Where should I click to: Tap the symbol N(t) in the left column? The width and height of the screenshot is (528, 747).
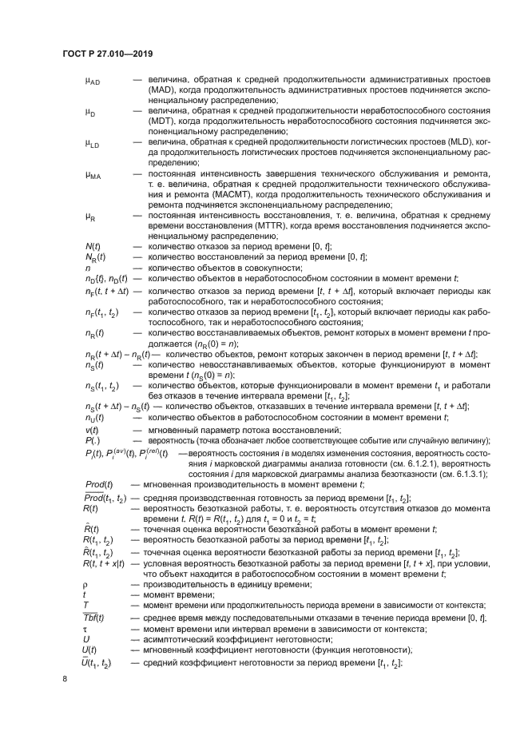[92, 246]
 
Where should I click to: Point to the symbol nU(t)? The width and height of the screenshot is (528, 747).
[94, 417]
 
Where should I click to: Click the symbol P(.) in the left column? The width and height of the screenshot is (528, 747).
[91, 441]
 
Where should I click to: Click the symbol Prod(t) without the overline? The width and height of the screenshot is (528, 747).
[101, 485]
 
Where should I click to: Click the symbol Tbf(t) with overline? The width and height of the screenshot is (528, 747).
[99, 618]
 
